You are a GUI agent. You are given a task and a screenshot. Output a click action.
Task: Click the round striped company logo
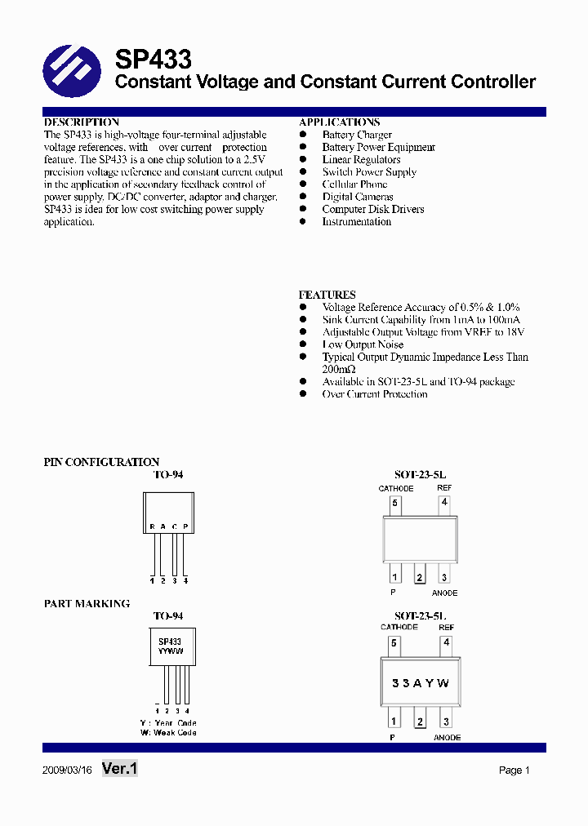coord(71,71)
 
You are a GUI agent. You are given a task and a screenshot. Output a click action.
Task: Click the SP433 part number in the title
coord(153,60)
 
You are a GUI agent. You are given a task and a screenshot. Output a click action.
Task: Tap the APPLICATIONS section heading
coord(339,122)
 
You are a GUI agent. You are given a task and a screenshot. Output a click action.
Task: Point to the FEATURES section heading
coord(327,295)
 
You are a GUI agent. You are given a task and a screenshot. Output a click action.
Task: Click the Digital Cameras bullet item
coord(357,197)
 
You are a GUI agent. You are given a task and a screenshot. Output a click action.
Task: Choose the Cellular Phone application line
coord(354,184)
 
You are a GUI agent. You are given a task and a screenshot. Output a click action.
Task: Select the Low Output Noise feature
coord(363,344)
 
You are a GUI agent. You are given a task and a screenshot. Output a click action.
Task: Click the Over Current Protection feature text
coord(374,394)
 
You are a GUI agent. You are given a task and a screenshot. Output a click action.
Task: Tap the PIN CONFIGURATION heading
coord(101,462)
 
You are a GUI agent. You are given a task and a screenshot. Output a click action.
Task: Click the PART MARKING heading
coord(87,604)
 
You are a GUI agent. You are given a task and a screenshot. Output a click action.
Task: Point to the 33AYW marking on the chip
coord(420,683)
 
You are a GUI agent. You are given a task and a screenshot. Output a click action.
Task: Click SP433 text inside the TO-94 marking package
coord(170,642)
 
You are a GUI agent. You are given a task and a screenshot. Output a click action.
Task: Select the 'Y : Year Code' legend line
coord(168,723)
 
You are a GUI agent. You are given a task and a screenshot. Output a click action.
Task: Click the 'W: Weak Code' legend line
coord(168,732)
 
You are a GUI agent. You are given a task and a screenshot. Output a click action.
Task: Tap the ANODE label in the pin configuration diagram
coord(445,593)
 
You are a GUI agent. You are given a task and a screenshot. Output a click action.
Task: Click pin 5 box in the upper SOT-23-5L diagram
coord(394,504)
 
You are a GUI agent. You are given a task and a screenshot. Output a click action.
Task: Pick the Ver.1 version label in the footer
coord(120,769)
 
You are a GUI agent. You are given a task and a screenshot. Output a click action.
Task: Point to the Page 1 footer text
coord(514,770)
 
